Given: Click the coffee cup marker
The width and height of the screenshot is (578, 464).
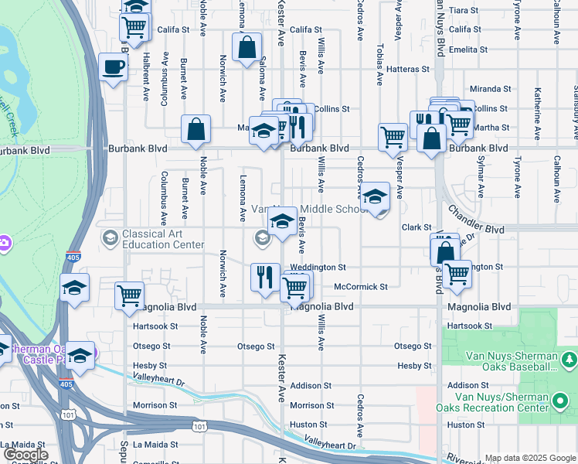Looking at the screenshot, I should point(114,67).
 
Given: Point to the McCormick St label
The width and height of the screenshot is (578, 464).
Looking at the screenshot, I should point(360,287).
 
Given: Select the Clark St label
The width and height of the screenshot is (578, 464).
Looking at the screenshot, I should point(416,227).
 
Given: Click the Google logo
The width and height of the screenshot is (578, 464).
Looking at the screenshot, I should point(25,455).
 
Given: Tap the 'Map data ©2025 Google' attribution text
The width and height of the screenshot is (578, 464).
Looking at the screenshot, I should point(529,458).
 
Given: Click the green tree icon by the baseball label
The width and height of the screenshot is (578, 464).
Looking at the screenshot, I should point(569,360).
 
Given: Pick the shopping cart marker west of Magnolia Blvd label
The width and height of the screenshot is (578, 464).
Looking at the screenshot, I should point(129,295).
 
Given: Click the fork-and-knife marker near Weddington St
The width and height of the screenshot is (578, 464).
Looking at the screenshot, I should point(265,276).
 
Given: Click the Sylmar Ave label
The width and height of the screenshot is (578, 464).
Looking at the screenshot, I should point(481,179).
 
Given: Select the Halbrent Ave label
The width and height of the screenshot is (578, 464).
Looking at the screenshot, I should point(146,77).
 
